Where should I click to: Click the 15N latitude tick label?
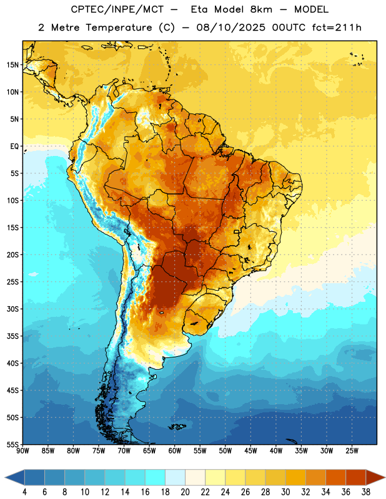pyautogui.click(x=12, y=65)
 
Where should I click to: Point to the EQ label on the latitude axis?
pyautogui.click(x=14, y=147)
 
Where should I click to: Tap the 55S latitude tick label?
pyautogui.click(x=12, y=444)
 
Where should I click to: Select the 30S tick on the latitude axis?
pyautogui.click(x=12, y=309)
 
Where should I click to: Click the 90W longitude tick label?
pyautogui.click(x=22, y=450)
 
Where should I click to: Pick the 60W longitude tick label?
pyautogui.click(x=175, y=450)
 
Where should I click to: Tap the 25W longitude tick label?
pyautogui.click(x=352, y=450)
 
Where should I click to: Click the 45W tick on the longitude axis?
pyautogui.click(x=250, y=450)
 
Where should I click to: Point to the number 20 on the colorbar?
pyautogui.click(x=185, y=492)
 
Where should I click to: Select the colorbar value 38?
pyautogui.click(x=366, y=492)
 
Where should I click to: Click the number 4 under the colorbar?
pyautogui.click(x=24, y=492)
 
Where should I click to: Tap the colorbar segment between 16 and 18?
pyautogui.click(x=155, y=478)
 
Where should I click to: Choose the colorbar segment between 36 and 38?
pyautogui.click(x=356, y=478)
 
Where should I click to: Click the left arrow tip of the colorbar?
pyautogui.click(x=5, y=478)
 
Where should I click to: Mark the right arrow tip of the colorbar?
pyautogui.click(x=385, y=478)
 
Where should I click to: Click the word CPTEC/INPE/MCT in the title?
pyautogui.click(x=117, y=9)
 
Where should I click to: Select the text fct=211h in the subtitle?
pyautogui.click(x=337, y=27)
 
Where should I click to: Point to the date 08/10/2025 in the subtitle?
pyautogui.click(x=230, y=27)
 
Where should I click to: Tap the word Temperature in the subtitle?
pyautogui.click(x=119, y=28)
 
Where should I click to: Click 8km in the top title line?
pyautogui.click(x=261, y=9)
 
